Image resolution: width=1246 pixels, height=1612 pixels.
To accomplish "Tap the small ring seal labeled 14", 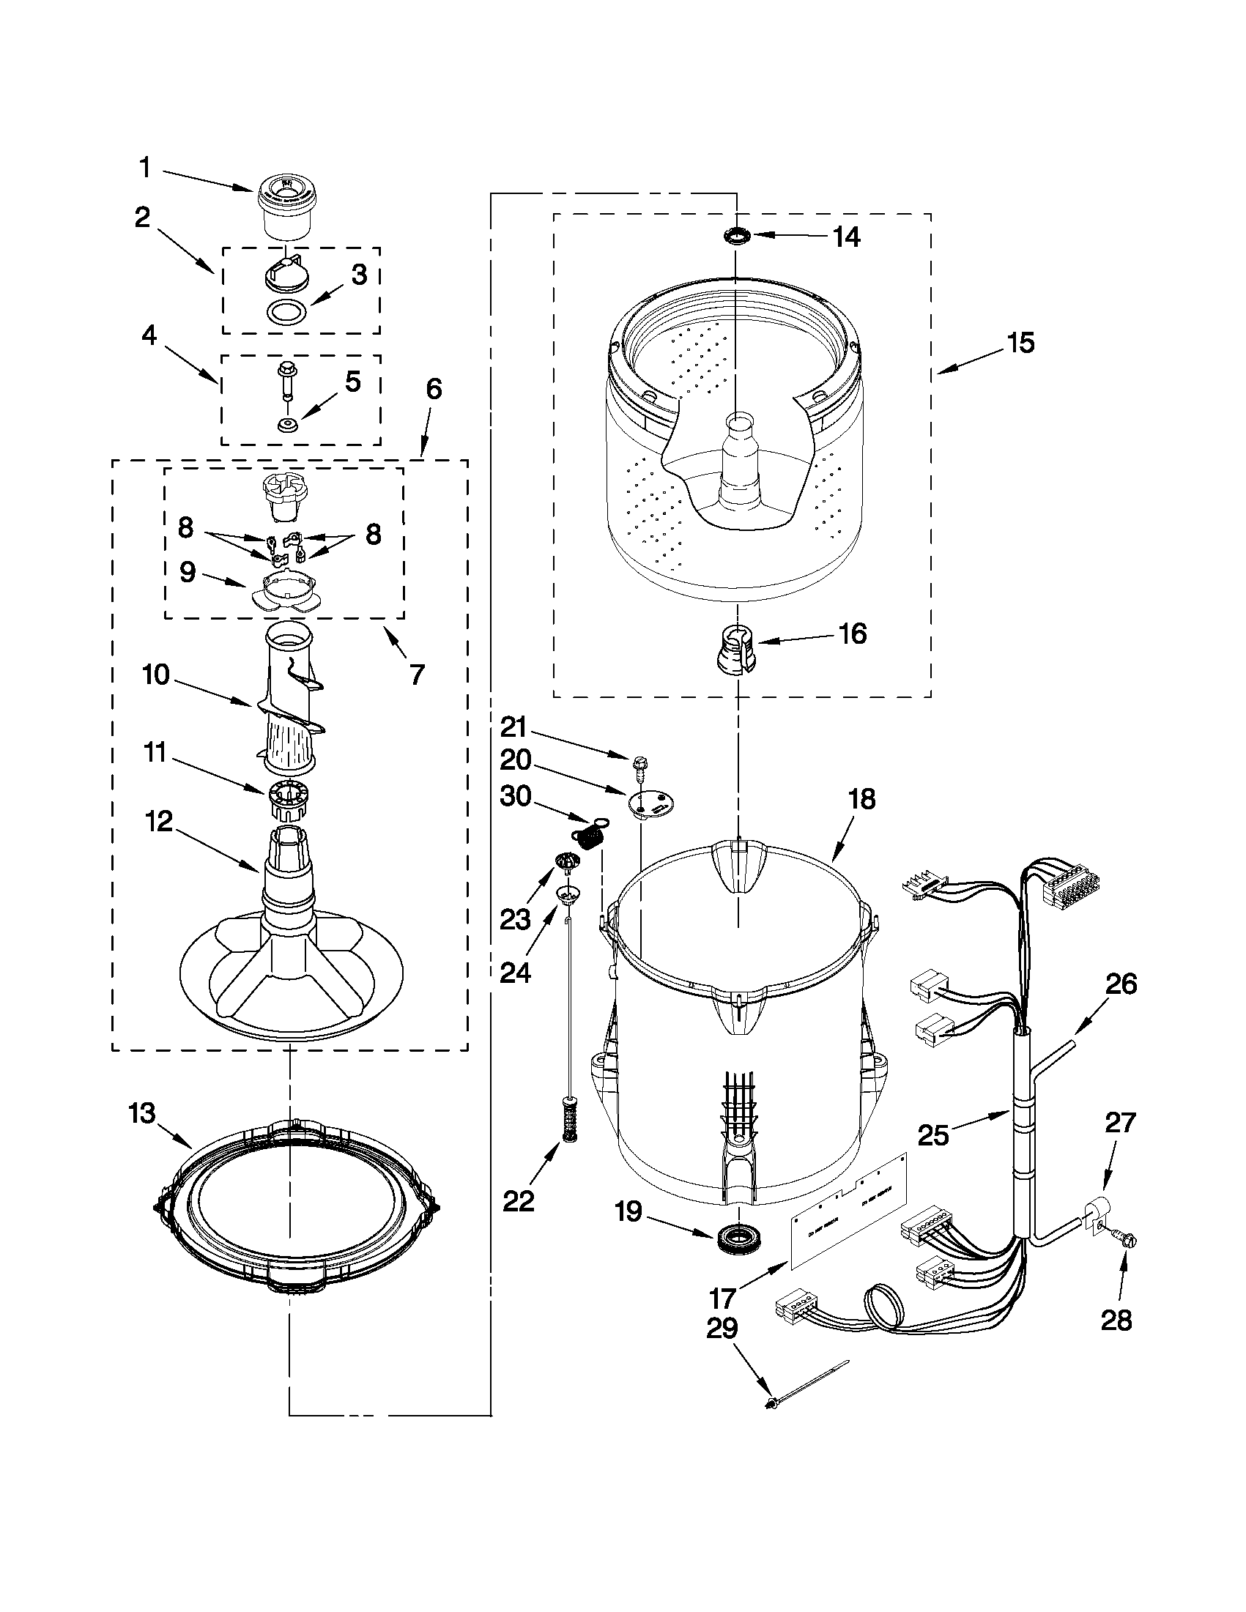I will click(736, 236).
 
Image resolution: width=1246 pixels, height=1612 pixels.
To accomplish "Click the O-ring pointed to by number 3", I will click(285, 313).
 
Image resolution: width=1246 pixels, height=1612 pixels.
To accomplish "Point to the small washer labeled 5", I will click(286, 425).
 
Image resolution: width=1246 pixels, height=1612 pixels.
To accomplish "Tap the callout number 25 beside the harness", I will click(933, 1134).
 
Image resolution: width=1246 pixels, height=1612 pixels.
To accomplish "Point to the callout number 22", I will click(518, 1201).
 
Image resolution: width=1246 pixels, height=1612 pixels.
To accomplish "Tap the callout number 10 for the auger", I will click(157, 674).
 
